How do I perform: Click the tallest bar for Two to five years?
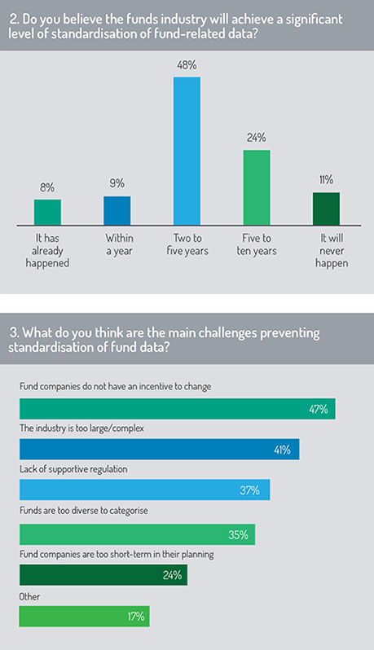[187, 151]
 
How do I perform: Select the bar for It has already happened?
[47, 213]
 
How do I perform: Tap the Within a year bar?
[117, 211]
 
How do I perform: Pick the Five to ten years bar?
[257, 187]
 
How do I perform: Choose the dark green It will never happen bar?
[326, 209]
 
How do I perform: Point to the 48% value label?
[187, 65]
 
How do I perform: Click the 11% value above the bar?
[326, 180]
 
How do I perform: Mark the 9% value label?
[117, 183]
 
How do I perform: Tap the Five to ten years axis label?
[257, 244]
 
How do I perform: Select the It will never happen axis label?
[332, 250]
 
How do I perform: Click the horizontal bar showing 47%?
[178, 409]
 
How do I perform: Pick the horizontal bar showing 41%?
[159, 450]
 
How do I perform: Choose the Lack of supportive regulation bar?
[145, 490]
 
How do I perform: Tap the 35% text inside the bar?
[238, 535]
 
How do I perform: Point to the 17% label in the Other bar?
[135, 617]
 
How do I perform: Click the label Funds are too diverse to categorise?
[84, 511]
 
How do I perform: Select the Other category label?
[29, 596]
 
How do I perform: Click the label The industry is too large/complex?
[81, 428]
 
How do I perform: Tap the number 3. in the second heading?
[14, 333]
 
